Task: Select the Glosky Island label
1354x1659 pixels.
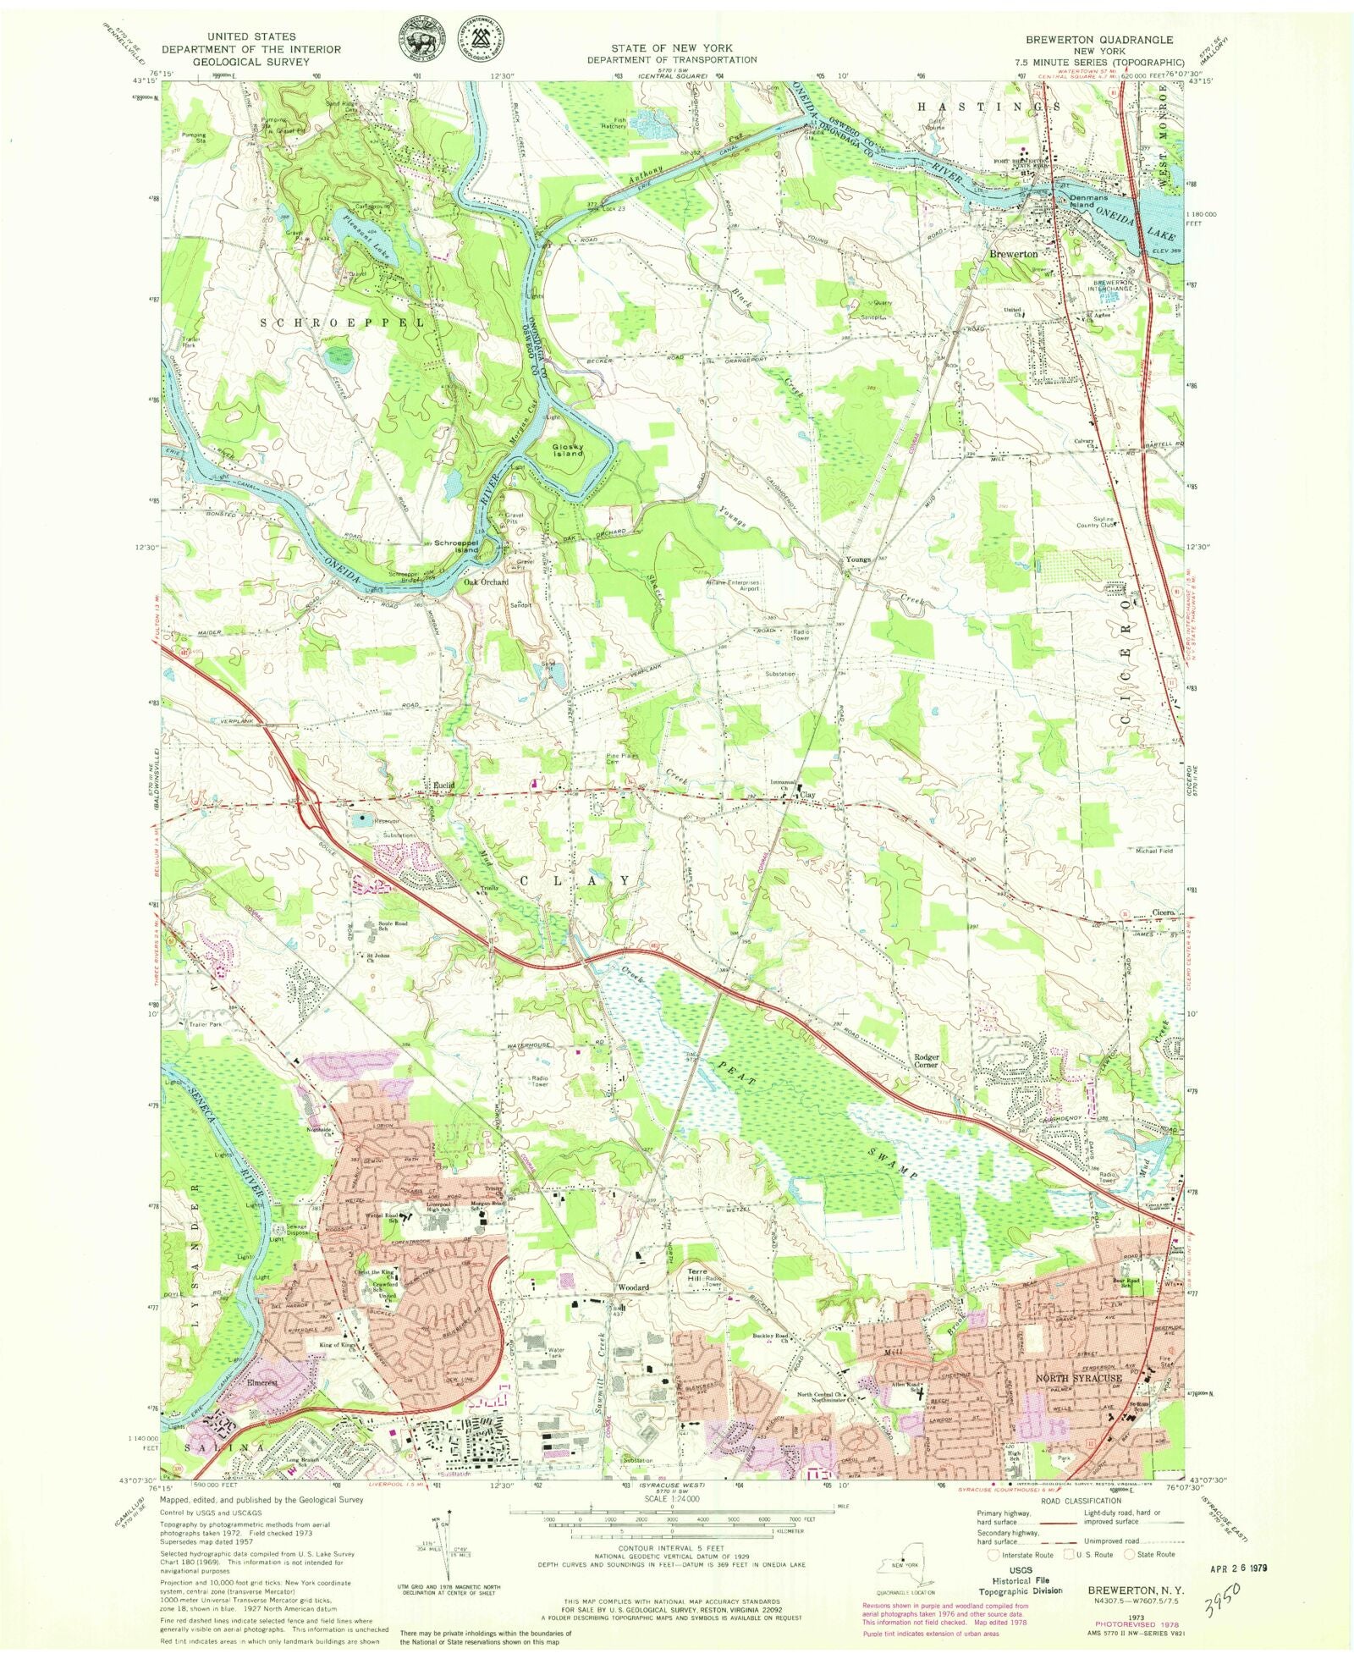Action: click(569, 450)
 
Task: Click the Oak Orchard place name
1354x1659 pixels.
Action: click(486, 582)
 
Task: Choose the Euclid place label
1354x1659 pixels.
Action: click(444, 785)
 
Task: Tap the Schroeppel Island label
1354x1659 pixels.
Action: click(457, 547)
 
